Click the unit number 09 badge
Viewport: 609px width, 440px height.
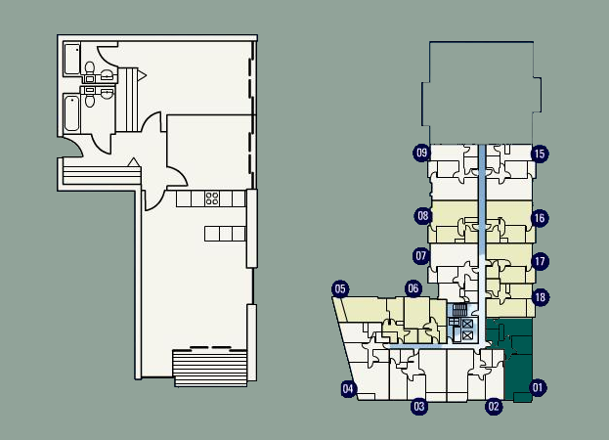(x=421, y=153)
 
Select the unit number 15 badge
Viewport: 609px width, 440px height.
(x=540, y=154)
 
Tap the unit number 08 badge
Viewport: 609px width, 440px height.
(x=423, y=216)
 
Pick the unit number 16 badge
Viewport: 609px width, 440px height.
(x=540, y=218)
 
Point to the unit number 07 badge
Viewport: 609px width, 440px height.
(x=421, y=256)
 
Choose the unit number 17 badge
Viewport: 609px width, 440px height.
(x=540, y=261)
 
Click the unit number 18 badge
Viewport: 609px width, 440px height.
(x=540, y=297)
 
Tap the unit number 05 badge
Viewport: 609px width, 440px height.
(x=340, y=288)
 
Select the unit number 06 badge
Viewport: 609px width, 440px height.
(x=413, y=288)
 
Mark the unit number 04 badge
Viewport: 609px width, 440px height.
(x=348, y=389)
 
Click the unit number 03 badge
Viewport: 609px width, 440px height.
(x=419, y=407)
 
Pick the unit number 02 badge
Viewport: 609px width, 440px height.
(x=494, y=407)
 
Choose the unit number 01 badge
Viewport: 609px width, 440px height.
(x=538, y=387)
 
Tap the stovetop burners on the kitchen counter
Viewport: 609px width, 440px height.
(x=212, y=198)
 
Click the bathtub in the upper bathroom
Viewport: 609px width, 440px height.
(x=72, y=60)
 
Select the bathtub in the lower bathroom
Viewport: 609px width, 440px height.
(x=72, y=113)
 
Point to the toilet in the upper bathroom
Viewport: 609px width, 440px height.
(x=90, y=68)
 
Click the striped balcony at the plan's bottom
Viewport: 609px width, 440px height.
(x=210, y=368)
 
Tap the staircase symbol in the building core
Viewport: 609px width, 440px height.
(x=459, y=310)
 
